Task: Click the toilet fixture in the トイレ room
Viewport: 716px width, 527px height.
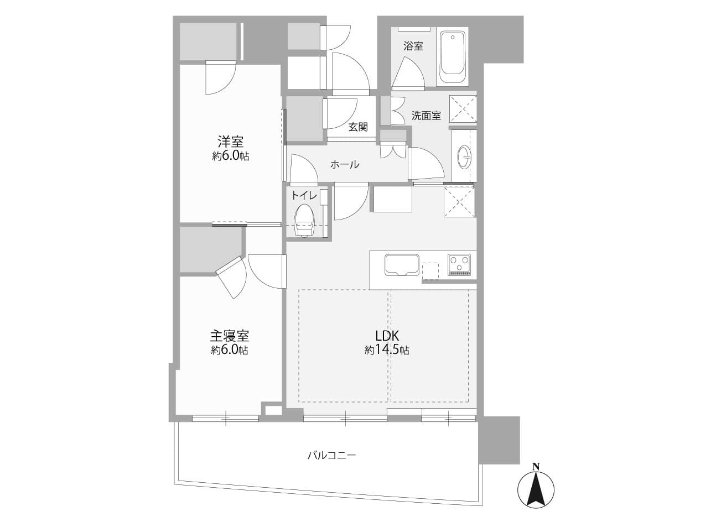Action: [304, 220]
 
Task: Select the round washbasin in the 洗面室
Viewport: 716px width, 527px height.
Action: [464, 157]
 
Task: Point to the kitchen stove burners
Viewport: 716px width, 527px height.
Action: [459, 264]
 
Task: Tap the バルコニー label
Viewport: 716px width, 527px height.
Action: [331, 456]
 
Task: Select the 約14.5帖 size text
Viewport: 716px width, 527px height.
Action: [387, 350]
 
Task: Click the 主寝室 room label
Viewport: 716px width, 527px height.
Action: [229, 336]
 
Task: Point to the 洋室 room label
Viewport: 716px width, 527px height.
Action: [230, 141]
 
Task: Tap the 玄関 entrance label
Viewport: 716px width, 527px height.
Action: [358, 127]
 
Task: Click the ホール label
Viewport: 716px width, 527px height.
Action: [345, 164]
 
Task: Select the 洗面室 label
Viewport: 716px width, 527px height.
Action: [426, 116]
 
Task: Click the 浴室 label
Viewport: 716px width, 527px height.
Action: [413, 46]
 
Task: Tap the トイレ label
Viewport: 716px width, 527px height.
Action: [304, 195]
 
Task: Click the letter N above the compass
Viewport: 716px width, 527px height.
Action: [536, 466]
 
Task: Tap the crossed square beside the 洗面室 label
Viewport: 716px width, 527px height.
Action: [463, 108]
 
